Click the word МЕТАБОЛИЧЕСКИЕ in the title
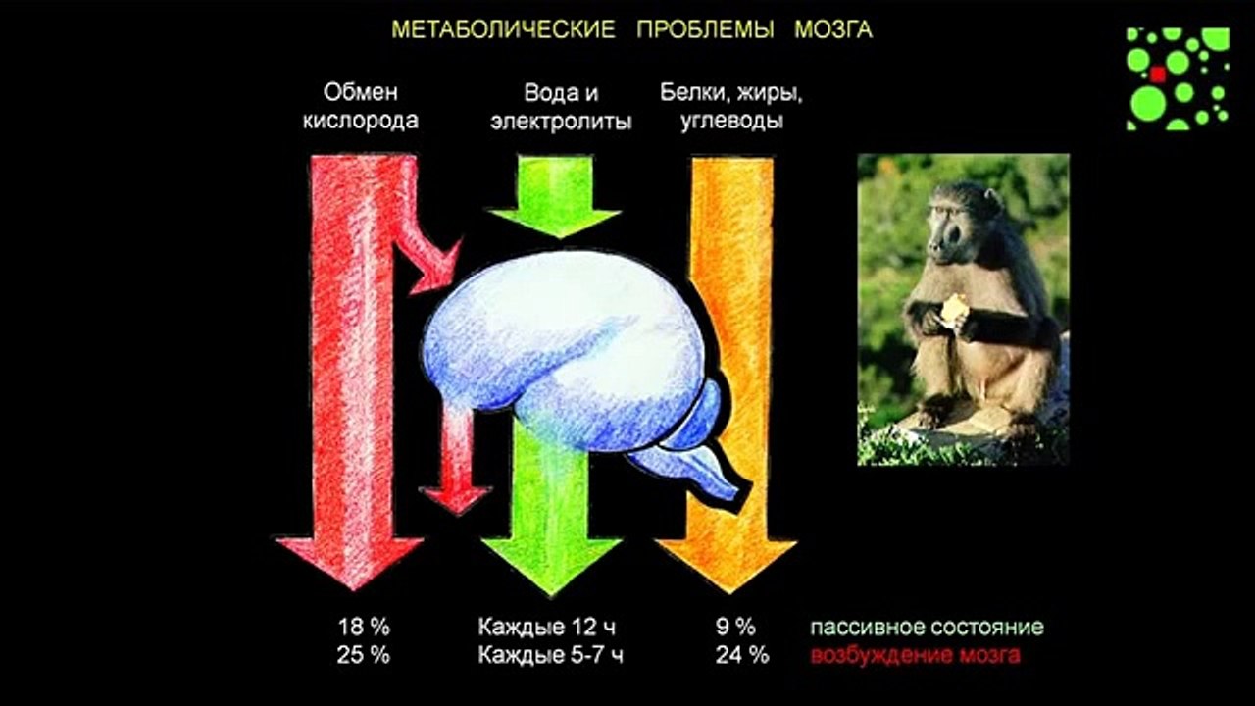503,29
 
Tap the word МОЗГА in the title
832,29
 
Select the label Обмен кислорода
361,107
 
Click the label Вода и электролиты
561,107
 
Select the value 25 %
363,656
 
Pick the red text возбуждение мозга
914,656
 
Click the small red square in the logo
1158,74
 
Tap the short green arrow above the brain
554,201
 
